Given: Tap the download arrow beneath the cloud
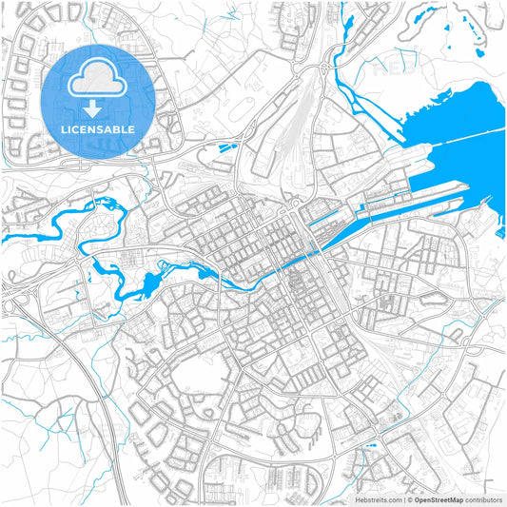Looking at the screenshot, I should [x=92, y=105].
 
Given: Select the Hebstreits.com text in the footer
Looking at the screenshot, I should [x=378, y=499].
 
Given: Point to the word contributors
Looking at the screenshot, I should [x=484, y=499].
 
